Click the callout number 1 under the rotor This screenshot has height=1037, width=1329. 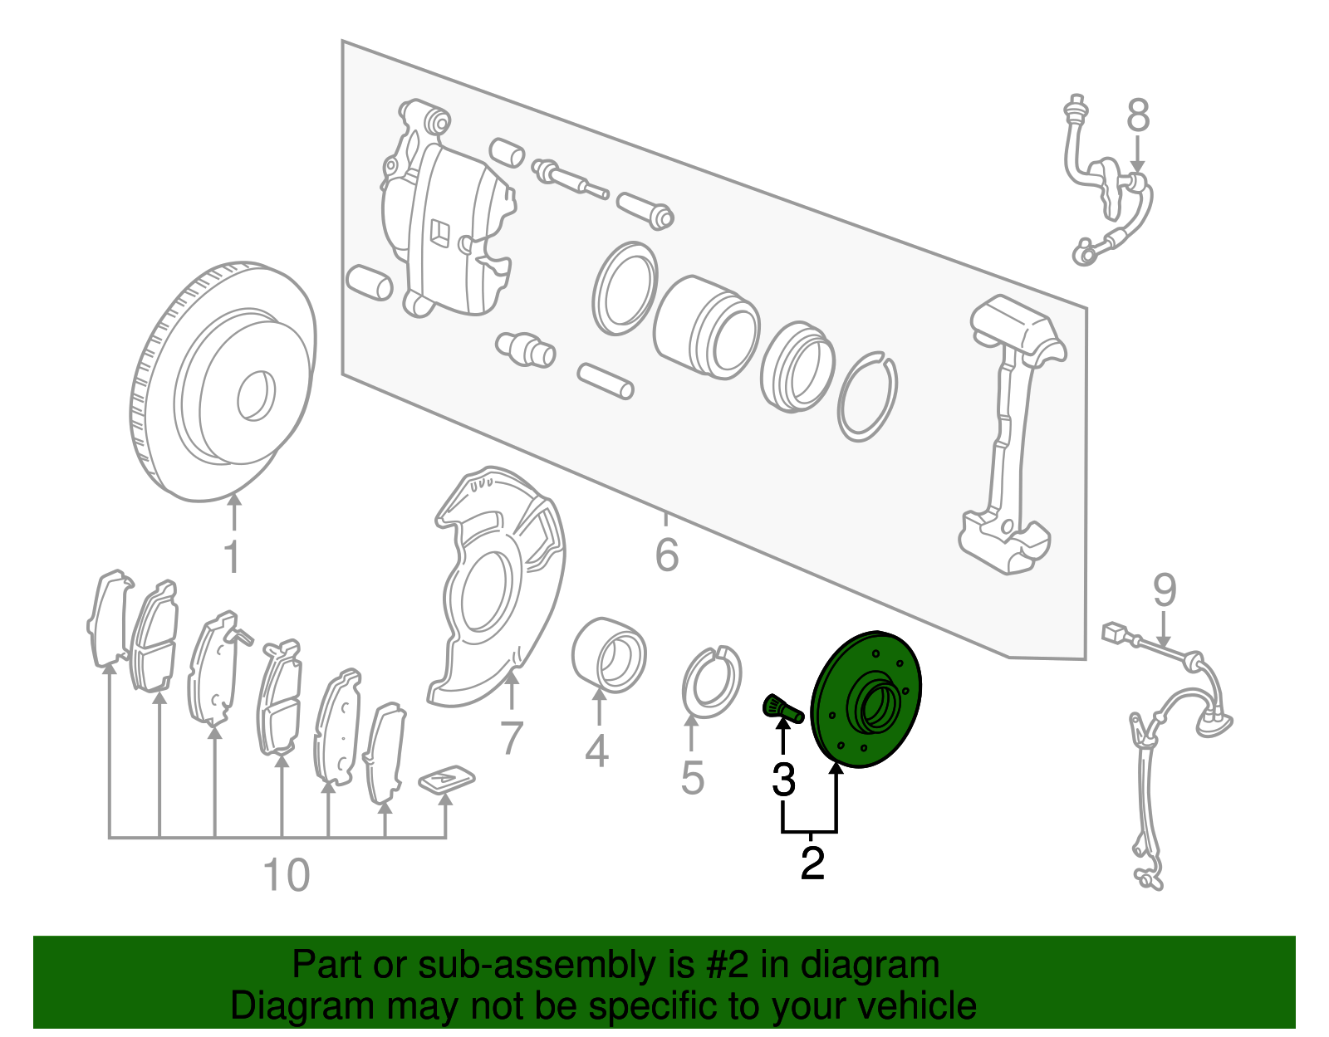click(233, 556)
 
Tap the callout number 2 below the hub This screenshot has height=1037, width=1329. click(812, 863)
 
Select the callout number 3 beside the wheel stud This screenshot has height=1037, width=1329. click(783, 780)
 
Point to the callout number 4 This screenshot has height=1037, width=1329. click(597, 751)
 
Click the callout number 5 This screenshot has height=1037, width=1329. click(693, 778)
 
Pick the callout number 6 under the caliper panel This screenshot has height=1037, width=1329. click(667, 555)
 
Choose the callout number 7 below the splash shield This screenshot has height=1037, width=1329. click(512, 737)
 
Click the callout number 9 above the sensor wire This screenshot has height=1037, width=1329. click(1165, 590)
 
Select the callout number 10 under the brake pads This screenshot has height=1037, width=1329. click(287, 875)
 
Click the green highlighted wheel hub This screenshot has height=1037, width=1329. click(866, 700)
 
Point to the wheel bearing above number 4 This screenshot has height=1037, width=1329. click(609, 655)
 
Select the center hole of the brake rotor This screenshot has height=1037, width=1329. click(256, 396)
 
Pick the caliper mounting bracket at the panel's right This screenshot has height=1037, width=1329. click(1013, 435)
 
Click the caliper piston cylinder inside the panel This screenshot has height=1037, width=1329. click(706, 327)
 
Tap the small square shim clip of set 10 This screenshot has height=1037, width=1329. click(447, 779)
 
